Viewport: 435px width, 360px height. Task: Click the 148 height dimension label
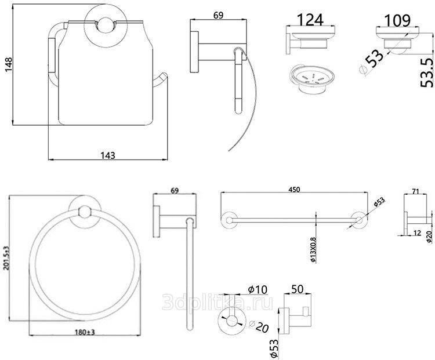(x=9, y=64)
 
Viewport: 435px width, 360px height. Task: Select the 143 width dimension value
(x=108, y=155)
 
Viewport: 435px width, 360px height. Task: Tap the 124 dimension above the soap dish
(x=310, y=20)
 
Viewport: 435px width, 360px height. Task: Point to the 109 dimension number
(x=397, y=20)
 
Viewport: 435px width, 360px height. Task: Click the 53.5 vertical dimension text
(x=426, y=72)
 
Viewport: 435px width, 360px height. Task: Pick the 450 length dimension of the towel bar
(x=294, y=190)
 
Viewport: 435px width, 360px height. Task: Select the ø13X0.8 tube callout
(x=313, y=250)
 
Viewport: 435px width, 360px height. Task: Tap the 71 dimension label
(x=415, y=191)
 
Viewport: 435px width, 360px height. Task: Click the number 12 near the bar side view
(x=417, y=233)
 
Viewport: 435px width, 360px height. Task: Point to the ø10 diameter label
(x=258, y=289)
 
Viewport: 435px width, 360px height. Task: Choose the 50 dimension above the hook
(x=297, y=289)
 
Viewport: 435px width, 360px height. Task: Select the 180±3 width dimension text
(x=85, y=332)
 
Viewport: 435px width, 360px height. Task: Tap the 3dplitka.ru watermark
(x=217, y=302)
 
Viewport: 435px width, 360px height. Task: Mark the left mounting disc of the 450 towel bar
(x=229, y=220)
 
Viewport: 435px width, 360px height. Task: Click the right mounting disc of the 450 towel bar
(x=359, y=220)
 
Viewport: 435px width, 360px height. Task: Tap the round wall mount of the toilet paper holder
(x=106, y=24)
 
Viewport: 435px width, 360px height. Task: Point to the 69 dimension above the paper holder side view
(x=218, y=15)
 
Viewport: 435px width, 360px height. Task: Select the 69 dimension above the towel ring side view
(x=175, y=191)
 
